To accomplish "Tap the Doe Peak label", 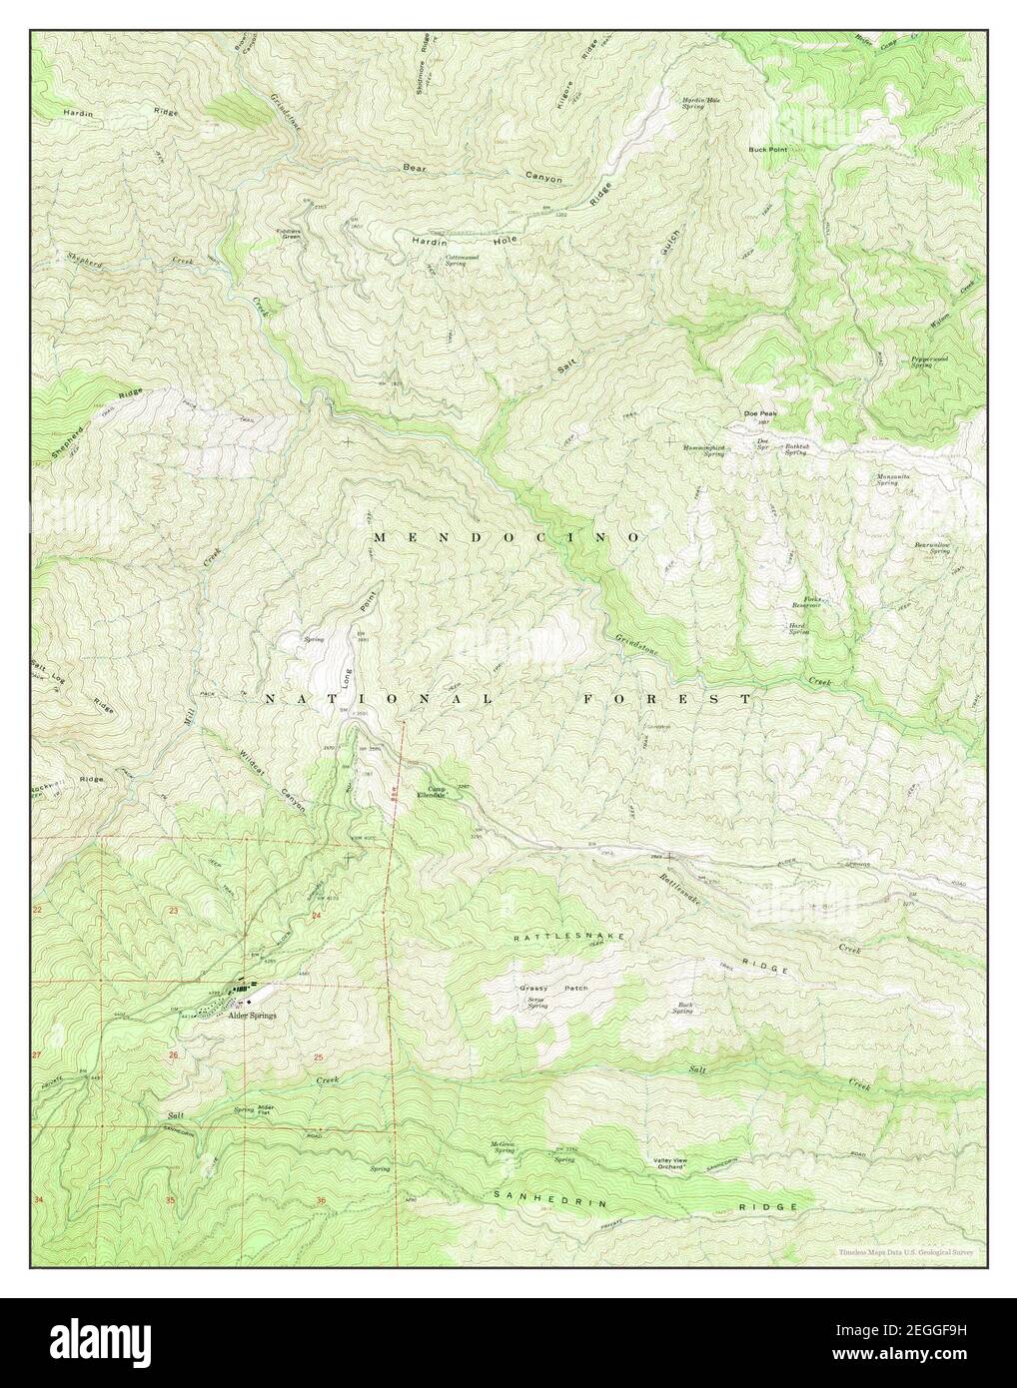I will click(759, 413).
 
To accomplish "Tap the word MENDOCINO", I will click(507, 537).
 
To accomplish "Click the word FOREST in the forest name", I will click(666, 700).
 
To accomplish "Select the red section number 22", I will click(38, 911).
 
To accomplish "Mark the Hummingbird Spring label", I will click(703, 449).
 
